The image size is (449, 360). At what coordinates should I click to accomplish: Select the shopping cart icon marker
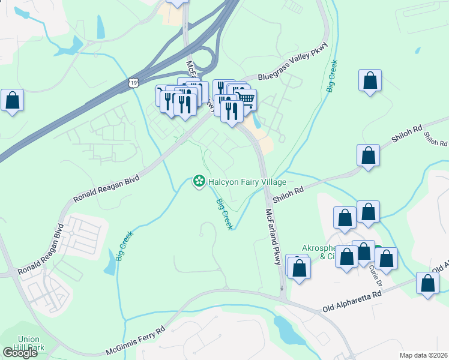point(245,99)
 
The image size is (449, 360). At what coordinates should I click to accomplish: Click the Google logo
point(20,352)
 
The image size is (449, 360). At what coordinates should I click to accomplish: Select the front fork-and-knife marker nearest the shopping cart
point(231,110)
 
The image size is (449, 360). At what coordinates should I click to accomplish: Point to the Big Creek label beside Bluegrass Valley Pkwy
point(331,76)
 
